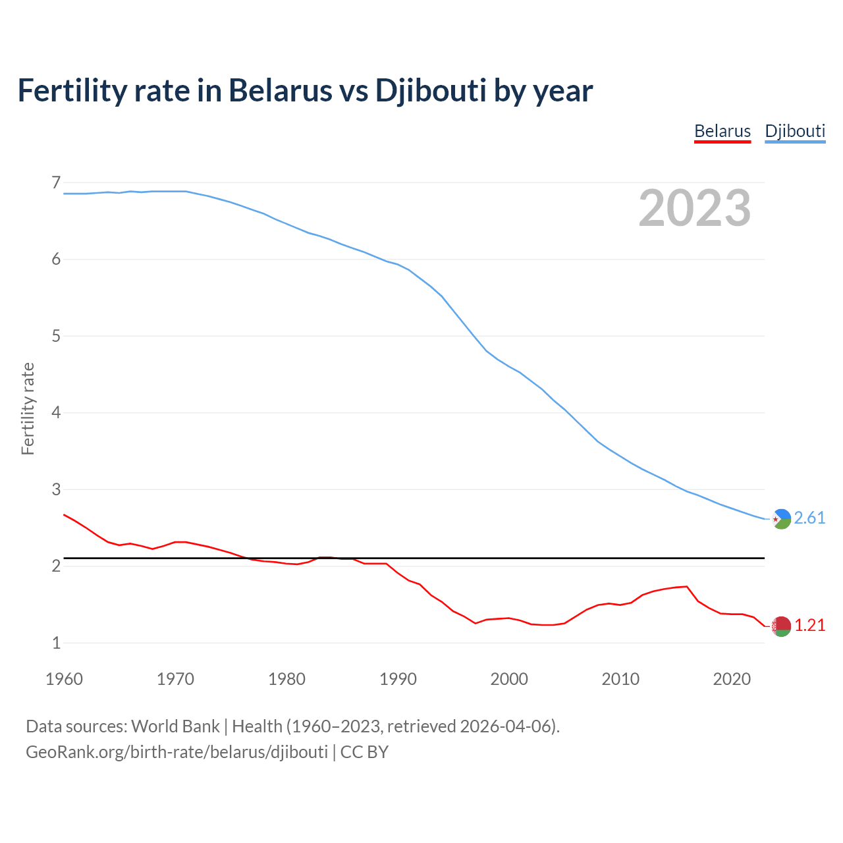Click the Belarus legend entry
click(x=722, y=131)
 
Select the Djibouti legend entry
click(x=795, y=131)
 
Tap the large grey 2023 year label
click(x=695, y=208)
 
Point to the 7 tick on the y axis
click(x=56, y=182)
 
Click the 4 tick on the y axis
click(x=56, y=413)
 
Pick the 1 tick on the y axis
click(x=56, y=643)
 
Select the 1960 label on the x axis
click(x=64, y=679)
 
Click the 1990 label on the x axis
click(x=398, y=679)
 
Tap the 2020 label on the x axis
click(x=732, y=679)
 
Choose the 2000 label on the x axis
click(x=509, y=679)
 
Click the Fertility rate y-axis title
click(x=28, y=408)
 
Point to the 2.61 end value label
click(x=809, y=518)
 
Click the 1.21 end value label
click(x=809, y=626)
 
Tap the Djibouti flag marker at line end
click(x=781, y=519)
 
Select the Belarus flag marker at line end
click(x=781, y=626)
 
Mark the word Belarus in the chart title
click(x=281, y=91)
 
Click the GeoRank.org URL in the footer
click(x=177, y=752)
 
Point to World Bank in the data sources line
click(x=175, y=726)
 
